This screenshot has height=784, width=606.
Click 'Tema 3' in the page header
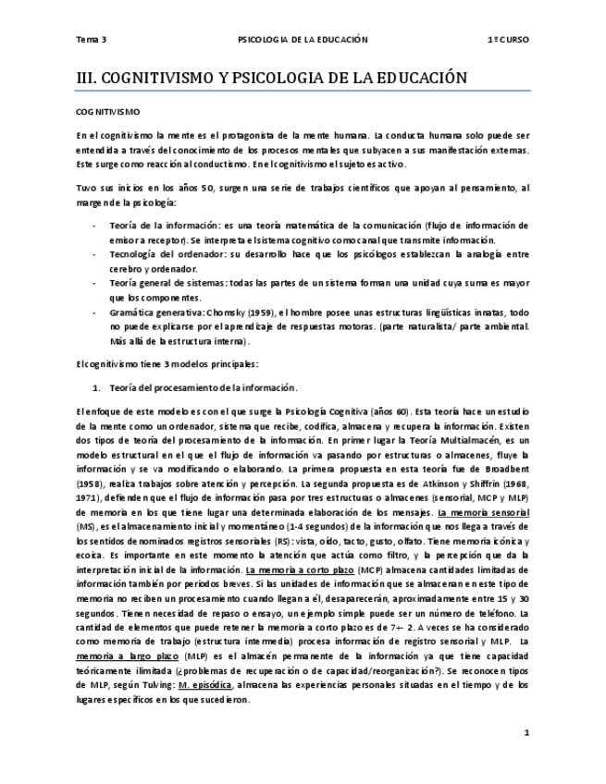pyautogui.click(x=92, y=40)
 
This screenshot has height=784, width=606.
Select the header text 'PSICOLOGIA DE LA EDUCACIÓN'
pyautogui.click(x=303, y=40)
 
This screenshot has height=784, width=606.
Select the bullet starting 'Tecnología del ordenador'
pyautogui.click(x=163, y=254)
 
